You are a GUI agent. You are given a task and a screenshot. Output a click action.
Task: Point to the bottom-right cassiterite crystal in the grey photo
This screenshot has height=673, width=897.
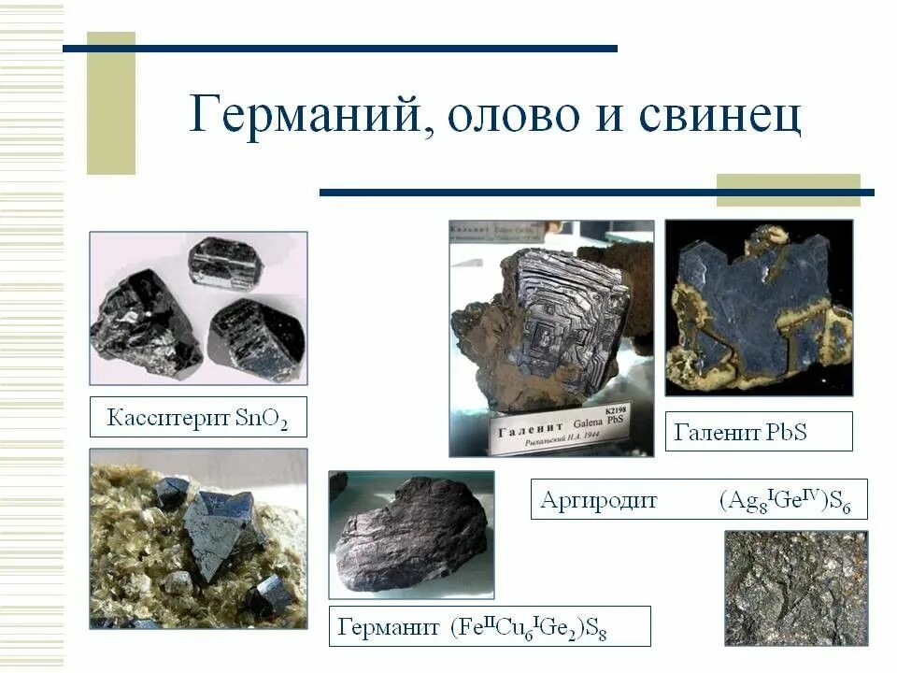point(255,338)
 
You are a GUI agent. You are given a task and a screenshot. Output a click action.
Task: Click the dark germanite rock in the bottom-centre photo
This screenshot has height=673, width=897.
point(411,534)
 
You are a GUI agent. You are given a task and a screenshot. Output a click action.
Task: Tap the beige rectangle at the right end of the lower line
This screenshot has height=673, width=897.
point(788,190)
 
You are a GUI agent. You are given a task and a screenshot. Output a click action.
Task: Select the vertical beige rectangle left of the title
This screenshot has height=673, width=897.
point(111,103)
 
